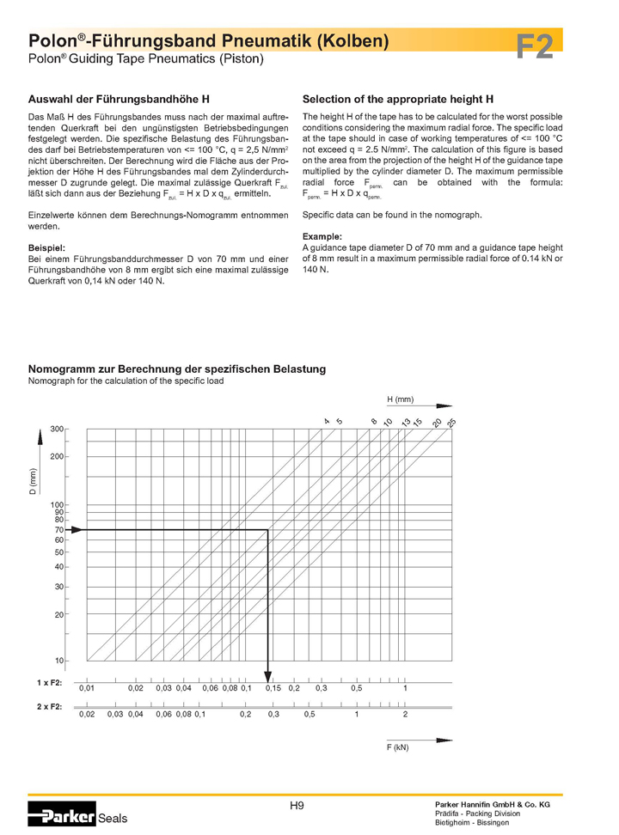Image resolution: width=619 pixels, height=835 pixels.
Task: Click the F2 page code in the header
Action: (534, 48)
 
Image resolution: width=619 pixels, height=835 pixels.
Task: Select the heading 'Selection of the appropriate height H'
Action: (398, 100)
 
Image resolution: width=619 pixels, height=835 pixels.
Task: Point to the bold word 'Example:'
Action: (322, 236)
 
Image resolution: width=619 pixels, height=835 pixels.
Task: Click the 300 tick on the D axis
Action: (57, 429)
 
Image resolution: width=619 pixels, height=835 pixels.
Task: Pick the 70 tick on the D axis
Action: (59, 530)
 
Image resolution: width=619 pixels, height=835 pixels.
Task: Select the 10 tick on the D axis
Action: (59, 661)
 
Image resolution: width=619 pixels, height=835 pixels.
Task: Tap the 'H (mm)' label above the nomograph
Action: (400, 399)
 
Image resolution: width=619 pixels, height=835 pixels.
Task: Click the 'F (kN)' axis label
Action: (397, 747)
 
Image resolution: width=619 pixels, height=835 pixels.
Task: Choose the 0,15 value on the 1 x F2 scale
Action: (273, 689)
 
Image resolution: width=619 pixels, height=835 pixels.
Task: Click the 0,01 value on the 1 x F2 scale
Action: (87, 689)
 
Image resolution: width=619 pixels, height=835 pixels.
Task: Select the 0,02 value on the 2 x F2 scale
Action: (87, 715)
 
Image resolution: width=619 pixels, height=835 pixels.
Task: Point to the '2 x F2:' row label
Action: (49, 706)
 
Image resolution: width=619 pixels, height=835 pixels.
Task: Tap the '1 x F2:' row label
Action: (49, 681)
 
